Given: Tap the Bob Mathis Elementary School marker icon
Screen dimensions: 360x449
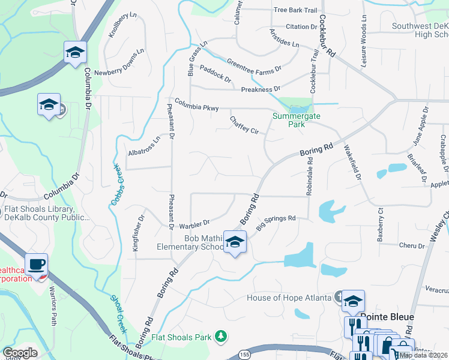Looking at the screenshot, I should (x=235, y=242).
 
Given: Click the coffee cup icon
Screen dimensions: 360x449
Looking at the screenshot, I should (x=36, y=264).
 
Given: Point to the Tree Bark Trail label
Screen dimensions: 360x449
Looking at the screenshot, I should (x=295, y=10).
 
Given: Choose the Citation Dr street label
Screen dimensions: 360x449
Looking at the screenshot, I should (x=301, y=27).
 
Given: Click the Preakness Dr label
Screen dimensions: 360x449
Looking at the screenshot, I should (x=261, y=89).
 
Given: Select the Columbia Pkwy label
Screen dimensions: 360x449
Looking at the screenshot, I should (x=196, y=104).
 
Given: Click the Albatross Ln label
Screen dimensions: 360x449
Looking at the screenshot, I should (x=144, y=146).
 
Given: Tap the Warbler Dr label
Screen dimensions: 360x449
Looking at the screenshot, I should (x=194, y=225).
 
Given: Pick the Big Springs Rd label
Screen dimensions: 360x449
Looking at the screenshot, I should (x=277, y=223).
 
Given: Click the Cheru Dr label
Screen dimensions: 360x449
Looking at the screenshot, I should (x=412, y=245).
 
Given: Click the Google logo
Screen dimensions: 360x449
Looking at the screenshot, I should (x=20, y=353).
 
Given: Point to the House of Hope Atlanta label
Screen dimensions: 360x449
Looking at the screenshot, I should (x=289, y=298).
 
